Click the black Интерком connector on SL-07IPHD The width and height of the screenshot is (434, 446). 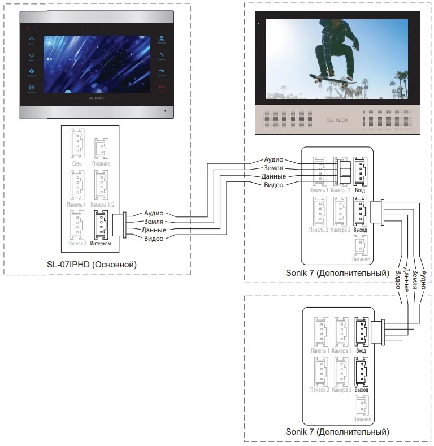pyautogui.click(x=100, y=225)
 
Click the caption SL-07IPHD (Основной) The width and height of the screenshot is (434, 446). pyautogui.click(x=92, y=265)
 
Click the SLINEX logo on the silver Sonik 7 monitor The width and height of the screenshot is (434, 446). pyautogui.click(x=337, y=120)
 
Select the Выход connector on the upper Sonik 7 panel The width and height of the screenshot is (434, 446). pyautogui.click(x=360, y=211)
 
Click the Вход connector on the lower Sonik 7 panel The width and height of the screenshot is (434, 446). pyautogui.click(x=361, y=332)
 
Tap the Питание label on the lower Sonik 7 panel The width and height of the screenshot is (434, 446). pyautogui.click(x=361, y=420)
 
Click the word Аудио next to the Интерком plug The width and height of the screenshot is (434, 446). pyautogui.click(x=154, y=213)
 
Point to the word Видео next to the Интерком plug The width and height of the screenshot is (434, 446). pyautogui.click(x=154, y=239)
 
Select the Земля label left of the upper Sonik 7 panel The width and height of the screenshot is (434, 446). pyautogui.click(x=274, y=168)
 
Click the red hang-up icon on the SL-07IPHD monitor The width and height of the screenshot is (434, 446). pyautogui.click(x=162, y=87)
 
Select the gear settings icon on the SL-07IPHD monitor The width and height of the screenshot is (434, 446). pyautogui.click(x=32, y=71)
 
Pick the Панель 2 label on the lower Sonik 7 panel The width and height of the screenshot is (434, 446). pyautogui.click(x=320, y=390)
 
